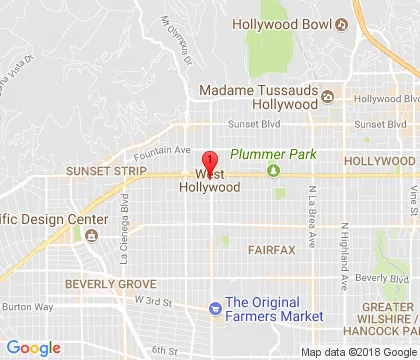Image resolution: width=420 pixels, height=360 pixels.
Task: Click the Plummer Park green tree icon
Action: pos(273,169)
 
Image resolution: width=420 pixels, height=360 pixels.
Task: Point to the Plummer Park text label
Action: pos(268,155)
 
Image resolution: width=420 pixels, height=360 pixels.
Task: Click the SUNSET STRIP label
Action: pos(99,171)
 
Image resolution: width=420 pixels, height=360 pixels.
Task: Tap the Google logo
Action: pos(34,348)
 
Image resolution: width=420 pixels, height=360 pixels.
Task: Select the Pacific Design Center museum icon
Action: pos(91,236)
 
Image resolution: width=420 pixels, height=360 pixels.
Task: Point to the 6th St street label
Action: pos(164,350)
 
